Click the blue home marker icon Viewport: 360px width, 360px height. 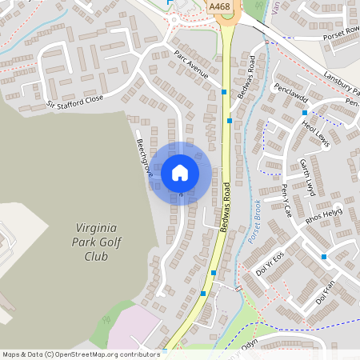(x=180, y=173)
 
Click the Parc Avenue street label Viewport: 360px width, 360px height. (x=191, y=64)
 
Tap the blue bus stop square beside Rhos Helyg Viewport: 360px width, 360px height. (x=324, y=257)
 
